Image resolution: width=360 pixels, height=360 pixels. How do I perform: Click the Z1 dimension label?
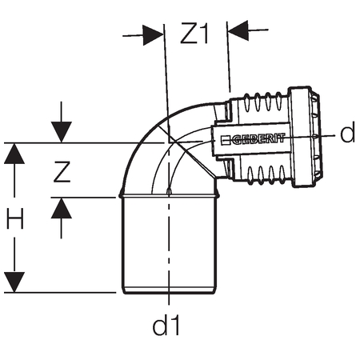[194, 33]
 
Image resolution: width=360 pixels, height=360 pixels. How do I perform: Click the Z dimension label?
[62, 172]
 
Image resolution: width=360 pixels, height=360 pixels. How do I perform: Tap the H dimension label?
[15, 218]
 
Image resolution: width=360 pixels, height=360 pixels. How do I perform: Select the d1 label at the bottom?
[166, 325]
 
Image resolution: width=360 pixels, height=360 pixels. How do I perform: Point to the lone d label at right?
[347, 132]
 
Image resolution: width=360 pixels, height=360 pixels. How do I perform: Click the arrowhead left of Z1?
[153, 35]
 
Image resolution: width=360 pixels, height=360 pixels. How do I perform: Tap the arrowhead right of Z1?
[238, 30]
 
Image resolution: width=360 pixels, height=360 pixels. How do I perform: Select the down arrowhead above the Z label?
[62, 132]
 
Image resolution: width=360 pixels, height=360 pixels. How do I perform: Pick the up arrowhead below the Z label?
[62, 209]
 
